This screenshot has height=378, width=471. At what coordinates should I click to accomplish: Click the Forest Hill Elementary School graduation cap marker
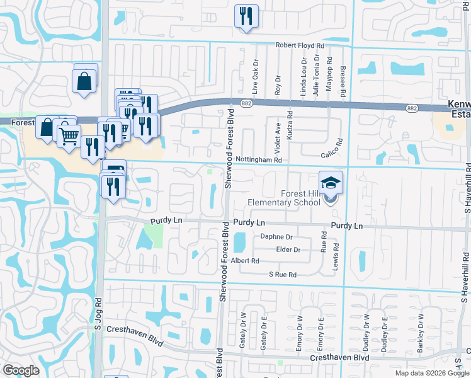[x=331, y=183]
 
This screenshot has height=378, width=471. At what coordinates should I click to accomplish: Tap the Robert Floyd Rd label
[x=300, y=46]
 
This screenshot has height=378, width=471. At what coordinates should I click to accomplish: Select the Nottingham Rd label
[x=259, y=161]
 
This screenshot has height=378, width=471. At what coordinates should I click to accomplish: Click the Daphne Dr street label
[x=277, y=237]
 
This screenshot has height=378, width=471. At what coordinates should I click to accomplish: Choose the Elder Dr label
[x=288, y=249]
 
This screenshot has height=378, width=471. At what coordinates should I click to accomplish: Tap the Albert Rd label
[x=246, y=261]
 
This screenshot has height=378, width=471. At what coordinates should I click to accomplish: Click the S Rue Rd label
[x=282, y=275]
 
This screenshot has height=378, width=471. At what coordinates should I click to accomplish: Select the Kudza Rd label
[x=290, y=125]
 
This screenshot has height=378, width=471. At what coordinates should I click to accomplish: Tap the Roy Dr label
[x=278, y=86]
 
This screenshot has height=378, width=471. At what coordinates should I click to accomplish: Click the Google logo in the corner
[x=21, y=370]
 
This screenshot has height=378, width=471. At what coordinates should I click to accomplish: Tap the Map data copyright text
[x=432, y=373]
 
